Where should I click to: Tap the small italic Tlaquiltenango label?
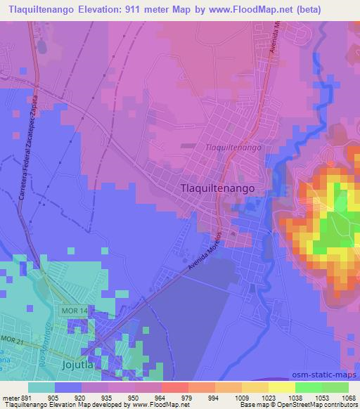(233, 148)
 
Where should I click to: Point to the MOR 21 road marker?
(12, 340)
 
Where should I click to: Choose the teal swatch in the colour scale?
(41, 387)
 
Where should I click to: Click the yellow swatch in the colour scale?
(281, 387)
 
